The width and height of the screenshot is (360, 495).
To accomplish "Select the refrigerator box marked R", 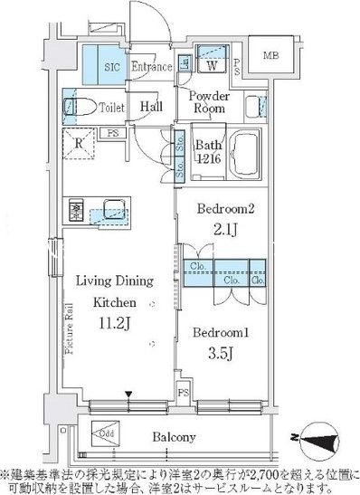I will [78, 142].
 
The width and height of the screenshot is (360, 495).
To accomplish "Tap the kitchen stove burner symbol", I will [75, 210].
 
